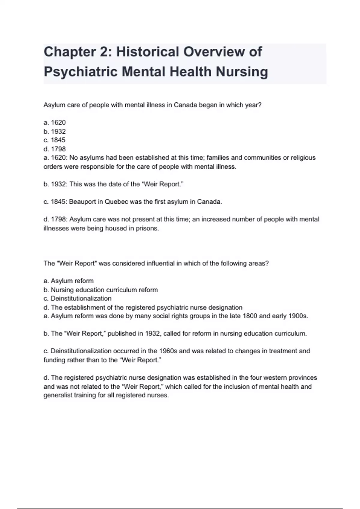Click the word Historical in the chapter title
[147, 52]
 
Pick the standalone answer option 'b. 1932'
[55, 131]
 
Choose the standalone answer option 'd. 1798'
[55, 149]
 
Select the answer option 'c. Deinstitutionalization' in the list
[77, 299]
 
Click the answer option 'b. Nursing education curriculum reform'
[101, 290]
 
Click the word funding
[55, 360]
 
